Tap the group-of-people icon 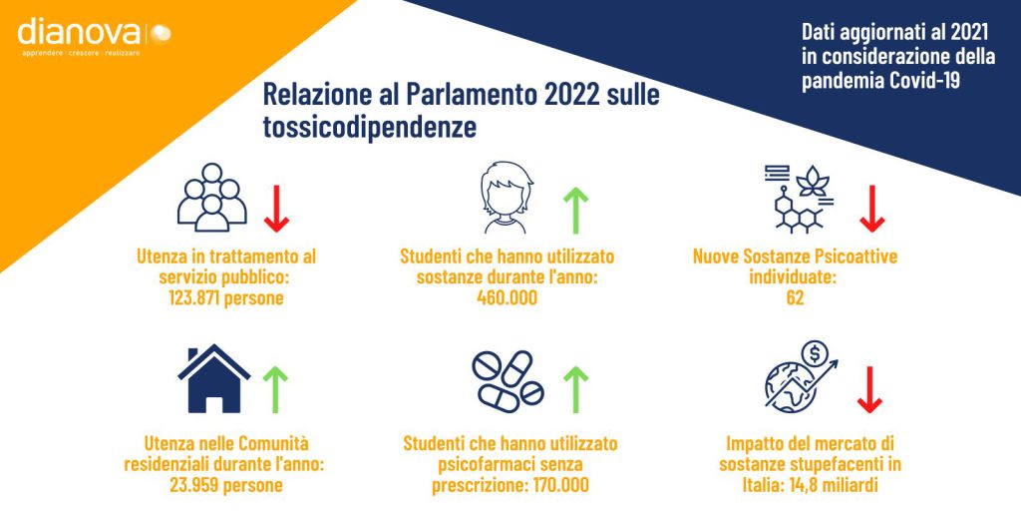211,198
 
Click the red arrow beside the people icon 276,209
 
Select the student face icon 506,198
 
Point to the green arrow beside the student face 575,210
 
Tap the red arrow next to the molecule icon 871,209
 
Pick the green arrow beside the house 275,390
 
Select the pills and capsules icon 508,381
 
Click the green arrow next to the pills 575,390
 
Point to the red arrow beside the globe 869,390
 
